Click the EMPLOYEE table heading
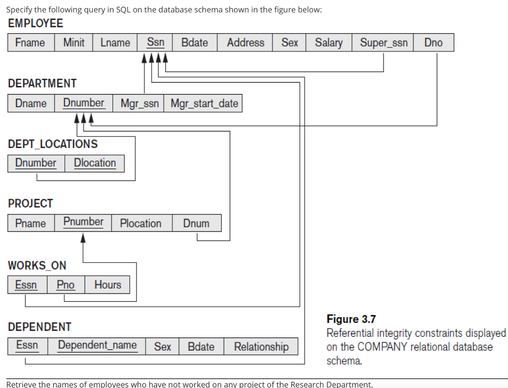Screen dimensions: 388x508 tap(36, 23)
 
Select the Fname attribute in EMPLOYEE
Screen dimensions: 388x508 tap(30, 43)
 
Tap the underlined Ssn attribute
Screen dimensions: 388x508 tap(155, 43)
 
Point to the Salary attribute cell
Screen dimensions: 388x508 tap(328, 43)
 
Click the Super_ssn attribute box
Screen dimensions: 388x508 tap(383, 43)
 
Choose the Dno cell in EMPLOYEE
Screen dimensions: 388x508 tap(433, 43)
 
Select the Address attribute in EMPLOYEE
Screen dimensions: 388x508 tap(246, 43)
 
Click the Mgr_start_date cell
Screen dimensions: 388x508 tap(204, 103)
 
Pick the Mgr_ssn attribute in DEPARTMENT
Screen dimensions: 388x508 tap(139, 103)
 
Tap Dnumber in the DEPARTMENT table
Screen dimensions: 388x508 tap(83, 103)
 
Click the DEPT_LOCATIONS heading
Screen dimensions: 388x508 tap(53, 144)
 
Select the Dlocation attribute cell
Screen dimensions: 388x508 tap(95, 163)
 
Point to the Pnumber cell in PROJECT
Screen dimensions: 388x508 tap(83, 222)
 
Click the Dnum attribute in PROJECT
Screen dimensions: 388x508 tap(196, 224)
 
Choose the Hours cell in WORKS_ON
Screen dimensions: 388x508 tap(108, 285)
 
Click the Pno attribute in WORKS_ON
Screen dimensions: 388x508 tap(65, 285)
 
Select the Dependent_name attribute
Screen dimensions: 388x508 tap(97, 345)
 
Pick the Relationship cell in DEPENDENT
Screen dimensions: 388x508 tap(261, 347)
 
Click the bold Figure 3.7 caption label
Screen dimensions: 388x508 tap(351, 319)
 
